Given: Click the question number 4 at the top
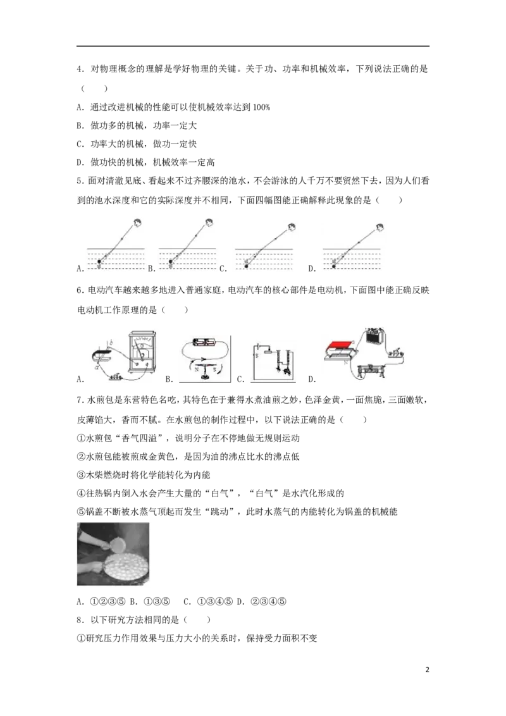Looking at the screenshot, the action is (80, 70).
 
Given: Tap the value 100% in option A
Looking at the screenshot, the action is (261, 108).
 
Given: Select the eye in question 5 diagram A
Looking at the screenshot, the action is (137, 223).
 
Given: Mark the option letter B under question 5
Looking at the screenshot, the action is (151, 269).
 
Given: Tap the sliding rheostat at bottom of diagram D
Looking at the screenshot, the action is (371, 369).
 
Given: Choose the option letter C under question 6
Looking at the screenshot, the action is (241, 379).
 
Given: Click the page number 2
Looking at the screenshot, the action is (428, 670).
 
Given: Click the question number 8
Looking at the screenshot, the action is (80, 620).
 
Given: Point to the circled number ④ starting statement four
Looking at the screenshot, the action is (82, 493).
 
